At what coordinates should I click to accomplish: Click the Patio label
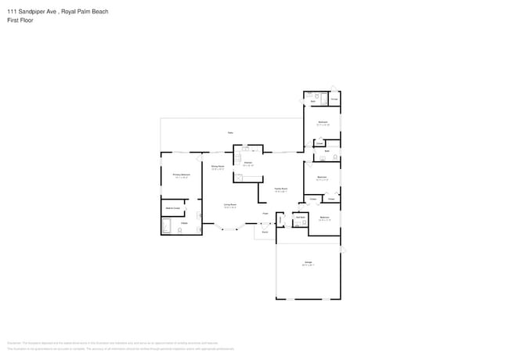230,132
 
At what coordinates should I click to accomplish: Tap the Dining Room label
218,167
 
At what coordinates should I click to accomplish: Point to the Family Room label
280,189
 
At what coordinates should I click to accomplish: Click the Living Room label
230,205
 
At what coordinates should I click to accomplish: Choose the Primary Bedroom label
181,175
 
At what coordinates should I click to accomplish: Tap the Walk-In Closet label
171,208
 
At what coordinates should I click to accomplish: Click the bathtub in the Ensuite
166,227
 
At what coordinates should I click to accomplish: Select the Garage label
309,261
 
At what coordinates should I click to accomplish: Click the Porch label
265,232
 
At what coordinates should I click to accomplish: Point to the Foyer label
265,213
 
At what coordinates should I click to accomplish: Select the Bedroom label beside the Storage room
323,122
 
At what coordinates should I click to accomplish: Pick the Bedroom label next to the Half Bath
323,218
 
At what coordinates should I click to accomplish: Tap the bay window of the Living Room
229,229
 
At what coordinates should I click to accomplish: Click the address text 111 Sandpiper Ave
31,12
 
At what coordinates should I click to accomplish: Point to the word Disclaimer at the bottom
13,342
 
